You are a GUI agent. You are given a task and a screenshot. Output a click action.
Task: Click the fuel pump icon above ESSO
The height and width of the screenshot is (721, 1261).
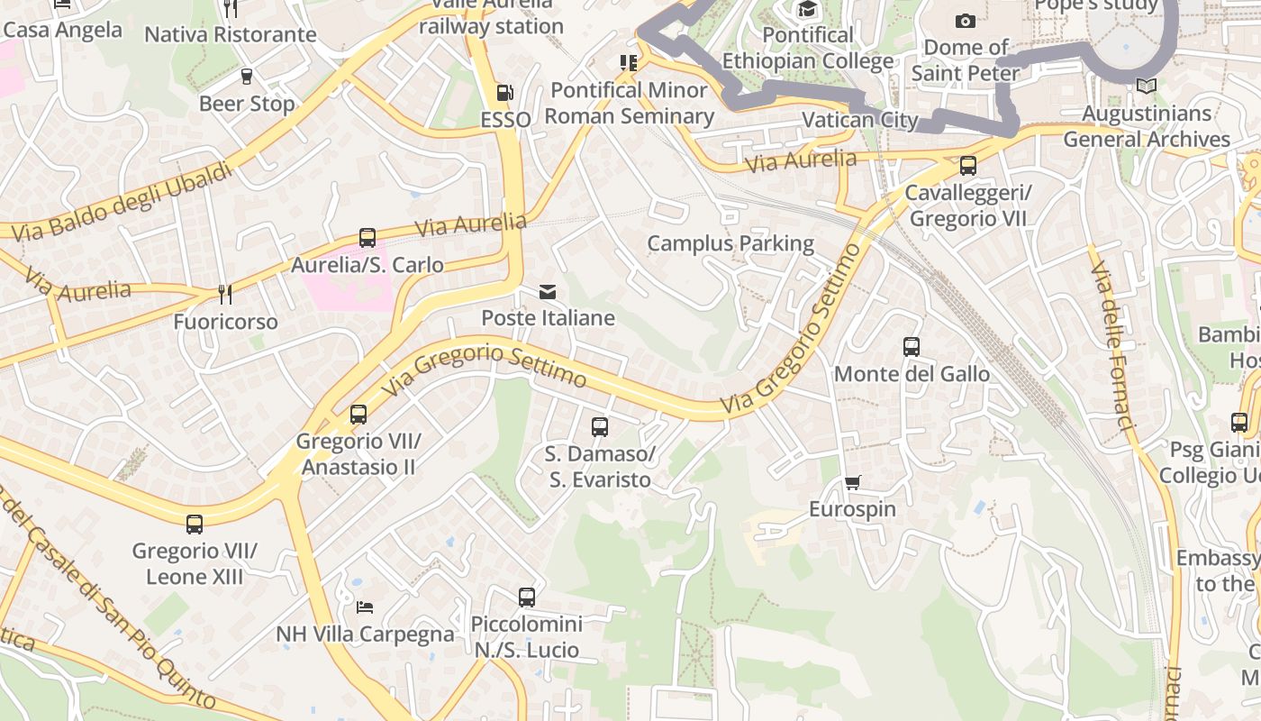coord(504,93)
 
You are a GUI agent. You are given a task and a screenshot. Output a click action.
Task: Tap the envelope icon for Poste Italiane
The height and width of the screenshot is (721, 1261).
coord(548,291)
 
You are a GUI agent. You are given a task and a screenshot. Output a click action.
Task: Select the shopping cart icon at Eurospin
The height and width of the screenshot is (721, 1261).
coord(852,482)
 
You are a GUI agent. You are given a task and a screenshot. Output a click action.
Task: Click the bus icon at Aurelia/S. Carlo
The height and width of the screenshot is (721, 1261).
coord(367,238)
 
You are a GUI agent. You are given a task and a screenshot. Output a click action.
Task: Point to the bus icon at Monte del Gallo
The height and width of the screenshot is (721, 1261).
coord(912,347)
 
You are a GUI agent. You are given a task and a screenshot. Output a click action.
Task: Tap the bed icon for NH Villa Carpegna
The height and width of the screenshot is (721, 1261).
coord(365,607)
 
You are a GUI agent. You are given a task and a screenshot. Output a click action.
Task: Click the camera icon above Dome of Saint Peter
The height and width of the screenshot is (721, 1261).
coord(965,21)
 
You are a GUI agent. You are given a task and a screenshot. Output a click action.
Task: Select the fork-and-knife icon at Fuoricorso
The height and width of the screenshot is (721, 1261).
coord(225,294)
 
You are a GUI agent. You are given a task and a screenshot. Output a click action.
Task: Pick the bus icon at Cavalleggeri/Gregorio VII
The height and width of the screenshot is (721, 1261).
coord(968,166)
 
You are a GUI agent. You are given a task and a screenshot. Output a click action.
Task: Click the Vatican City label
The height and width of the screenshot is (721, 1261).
coord(859,120)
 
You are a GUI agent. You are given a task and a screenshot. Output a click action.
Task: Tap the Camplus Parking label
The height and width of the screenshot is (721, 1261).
coord(730,243)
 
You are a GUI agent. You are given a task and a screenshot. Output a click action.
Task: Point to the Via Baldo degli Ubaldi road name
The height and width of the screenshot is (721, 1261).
coord(122,205)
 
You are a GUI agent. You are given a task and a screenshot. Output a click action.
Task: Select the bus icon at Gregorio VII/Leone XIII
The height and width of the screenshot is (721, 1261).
coord(195,524)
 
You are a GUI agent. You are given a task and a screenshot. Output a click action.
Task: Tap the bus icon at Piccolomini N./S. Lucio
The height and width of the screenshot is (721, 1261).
coord(527,597)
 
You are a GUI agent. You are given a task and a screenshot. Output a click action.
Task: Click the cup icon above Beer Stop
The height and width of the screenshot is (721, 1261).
coord(247,77)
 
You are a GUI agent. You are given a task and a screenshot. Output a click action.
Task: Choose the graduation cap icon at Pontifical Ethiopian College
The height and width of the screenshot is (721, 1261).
coord(807,10)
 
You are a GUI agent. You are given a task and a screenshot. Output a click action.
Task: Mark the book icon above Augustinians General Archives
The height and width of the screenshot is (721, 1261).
coord(1146,87)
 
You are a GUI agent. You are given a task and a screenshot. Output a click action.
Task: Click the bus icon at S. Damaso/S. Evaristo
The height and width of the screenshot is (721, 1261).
coord(600,427)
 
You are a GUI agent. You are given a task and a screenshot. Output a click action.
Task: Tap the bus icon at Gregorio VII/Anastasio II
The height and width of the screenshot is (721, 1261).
coord(358,415)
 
